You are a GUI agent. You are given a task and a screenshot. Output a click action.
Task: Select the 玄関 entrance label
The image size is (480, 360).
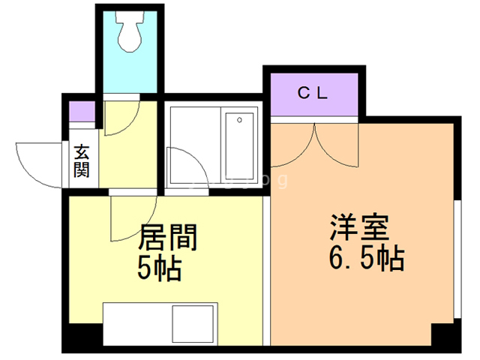click(81, 160)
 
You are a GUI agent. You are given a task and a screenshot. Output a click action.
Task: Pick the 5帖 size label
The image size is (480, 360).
click(160, 268)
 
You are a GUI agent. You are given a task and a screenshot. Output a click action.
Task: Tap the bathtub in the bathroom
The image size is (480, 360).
click(239, 145)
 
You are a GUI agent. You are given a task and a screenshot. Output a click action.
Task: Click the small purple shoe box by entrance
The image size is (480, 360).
click(81, 112)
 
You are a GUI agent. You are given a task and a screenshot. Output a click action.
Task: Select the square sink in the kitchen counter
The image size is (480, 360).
click(193, 325)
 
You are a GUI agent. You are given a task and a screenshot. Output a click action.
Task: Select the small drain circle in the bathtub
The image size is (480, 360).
click(239, 119)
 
